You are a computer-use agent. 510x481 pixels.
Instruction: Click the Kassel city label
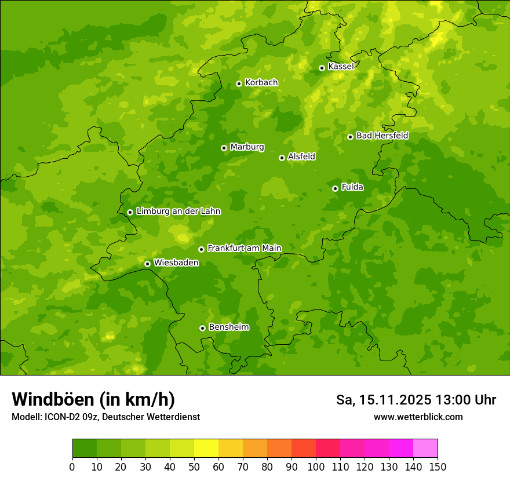pos(341,67)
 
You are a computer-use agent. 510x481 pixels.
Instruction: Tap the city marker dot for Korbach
pos(239,83)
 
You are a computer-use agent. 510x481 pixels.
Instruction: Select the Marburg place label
pos(247,147)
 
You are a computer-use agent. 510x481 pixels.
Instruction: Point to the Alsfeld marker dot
pos(282,158)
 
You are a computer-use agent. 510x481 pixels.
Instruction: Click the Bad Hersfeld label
pos(382,136)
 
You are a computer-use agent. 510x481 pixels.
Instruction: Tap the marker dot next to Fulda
pos(335,188)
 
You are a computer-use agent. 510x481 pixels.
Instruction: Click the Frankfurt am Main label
pos(244,248)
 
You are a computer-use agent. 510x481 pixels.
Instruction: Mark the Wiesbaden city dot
pos(147,264)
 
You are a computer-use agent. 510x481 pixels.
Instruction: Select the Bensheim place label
pos(228,327)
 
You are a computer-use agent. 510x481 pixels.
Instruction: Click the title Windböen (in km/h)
pos(93,399)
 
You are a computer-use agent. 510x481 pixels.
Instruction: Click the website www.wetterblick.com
pos(418,417)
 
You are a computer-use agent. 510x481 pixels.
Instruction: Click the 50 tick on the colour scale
pos(194,467)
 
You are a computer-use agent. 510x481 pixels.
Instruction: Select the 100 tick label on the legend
pos(316,467)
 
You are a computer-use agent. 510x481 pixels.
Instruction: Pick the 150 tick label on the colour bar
pos(438,467)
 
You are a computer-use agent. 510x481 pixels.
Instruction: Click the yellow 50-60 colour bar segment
pos(206,449)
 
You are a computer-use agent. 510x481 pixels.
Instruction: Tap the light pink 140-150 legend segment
pos(425,449)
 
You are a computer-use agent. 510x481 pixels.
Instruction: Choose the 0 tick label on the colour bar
pos(72,467)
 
